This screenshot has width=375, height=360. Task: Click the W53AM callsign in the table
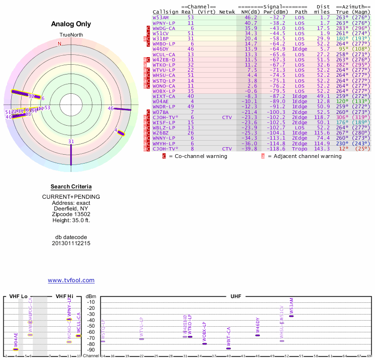(160, 17)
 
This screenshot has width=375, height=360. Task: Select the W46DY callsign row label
(160, 49)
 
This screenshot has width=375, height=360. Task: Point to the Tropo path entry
(301, 149)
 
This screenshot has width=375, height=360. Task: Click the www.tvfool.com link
(71, 280)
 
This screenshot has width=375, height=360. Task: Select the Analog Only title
(71, 24)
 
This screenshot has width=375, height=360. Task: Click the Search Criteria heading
(71, 187)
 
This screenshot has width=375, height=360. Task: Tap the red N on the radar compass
(60, 44)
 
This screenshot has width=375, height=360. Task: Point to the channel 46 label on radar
(111, 108)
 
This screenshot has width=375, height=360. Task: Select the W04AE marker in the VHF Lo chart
(16, 349)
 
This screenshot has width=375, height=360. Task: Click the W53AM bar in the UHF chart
(291, 316)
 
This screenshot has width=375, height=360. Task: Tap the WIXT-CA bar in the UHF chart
(228, 348)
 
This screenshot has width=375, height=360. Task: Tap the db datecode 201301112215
(71, 243)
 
